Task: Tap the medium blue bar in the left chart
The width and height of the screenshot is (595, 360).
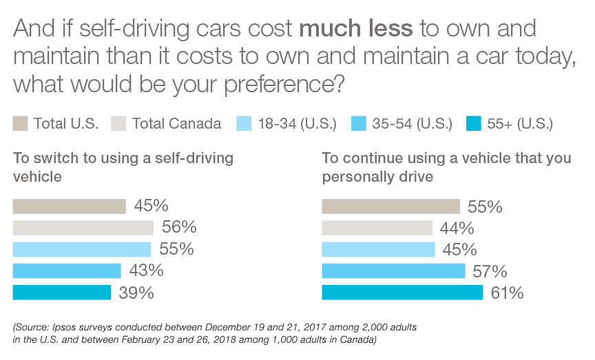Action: point(68,270)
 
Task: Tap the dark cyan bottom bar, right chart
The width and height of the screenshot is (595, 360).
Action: point(365,290)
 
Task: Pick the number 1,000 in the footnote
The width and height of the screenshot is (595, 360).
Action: point(278,340)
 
